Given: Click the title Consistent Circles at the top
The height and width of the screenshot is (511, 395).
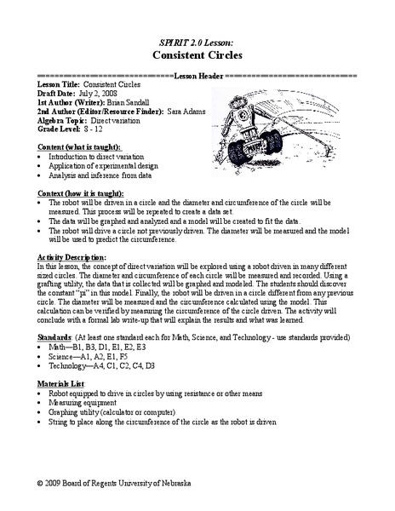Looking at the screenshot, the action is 197,52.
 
